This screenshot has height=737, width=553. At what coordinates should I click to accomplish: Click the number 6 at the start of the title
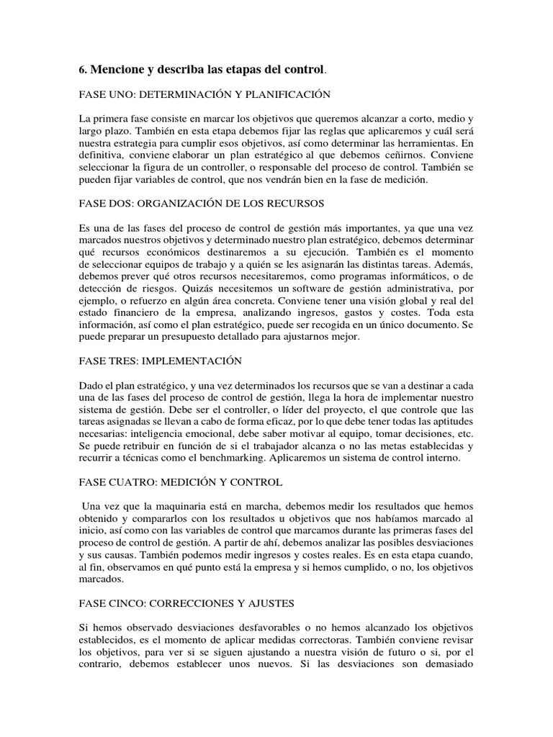click(x=81, y=70)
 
